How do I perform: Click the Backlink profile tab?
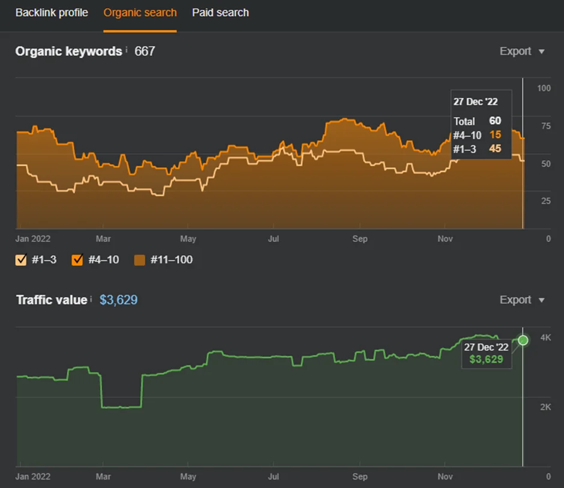coord(52,13)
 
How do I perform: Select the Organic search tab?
coord(140,13)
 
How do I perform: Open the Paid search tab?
coord(220,13)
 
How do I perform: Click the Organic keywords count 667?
coord(145,51)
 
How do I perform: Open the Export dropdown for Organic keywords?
coord(522,51)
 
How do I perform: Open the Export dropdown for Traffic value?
coord(522,300)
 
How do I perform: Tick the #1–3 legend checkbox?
coord(21,259)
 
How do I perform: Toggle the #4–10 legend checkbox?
coord(77,259)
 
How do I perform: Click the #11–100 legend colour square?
coord(140,260)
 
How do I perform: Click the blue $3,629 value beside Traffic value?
coord(118,300)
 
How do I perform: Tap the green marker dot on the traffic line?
coord(523,340)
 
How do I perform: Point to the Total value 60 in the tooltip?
coord(495,121)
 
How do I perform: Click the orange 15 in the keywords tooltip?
coord(495,134)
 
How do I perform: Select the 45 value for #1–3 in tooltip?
coord(495,148)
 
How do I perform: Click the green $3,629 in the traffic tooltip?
coord(486,359)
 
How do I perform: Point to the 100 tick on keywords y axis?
coord(544,88)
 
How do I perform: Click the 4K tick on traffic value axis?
coord(545,337)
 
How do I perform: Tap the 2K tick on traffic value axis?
coord(545,407)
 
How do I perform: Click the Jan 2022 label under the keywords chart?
coord(33,239)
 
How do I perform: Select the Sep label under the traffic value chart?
coord(359,477)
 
